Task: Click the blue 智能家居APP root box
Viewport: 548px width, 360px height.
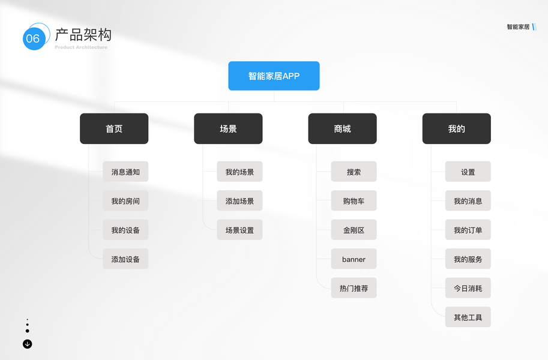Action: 274,76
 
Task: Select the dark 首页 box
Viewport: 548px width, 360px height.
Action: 114,129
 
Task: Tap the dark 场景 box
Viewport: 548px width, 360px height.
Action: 228,129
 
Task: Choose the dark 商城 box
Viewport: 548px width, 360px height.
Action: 342,129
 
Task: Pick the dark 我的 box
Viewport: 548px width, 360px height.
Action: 456,129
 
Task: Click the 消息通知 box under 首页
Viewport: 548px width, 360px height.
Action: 125,172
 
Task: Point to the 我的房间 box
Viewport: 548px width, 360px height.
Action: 125,201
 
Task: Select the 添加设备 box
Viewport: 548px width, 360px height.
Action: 125,259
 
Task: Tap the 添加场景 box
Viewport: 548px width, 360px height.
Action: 239,201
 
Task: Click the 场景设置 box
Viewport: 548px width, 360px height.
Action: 239,230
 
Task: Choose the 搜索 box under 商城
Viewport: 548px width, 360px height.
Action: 354,172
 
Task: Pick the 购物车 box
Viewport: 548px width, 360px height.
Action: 354,201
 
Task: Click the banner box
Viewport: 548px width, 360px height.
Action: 354,259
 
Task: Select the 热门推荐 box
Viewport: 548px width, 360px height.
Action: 354,288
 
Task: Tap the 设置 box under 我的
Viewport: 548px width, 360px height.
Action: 468,172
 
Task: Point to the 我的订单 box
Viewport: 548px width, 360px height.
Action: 468,230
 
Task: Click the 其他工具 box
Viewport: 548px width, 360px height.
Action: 468,317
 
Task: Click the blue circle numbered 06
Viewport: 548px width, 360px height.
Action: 33,39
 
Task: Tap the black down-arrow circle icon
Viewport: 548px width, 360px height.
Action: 27,344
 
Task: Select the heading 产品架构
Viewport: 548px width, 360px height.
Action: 83,34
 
